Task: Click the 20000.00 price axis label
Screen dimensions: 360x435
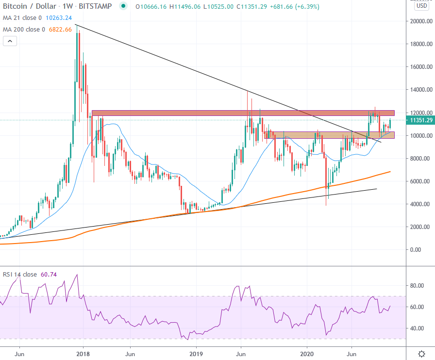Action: pyautogui.click(x=420, y=21)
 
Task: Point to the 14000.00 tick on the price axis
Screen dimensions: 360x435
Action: pyautogui.click(x=420, y=90)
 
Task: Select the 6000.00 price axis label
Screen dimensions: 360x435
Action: pyautogui.click(x=420, y=181)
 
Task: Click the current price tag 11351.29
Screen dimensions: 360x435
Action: pyautogui.click(x=420, y=120)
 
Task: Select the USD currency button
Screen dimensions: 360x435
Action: pyautogui.click(x=421, y=6)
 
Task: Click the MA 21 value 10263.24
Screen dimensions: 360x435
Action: pyautogui.click(x=59, y=18)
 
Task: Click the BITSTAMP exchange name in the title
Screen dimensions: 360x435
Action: pyautogui.click(x=97, y=6)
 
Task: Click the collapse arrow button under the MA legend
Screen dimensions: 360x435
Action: pyautogui.click(x=10, y=41)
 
